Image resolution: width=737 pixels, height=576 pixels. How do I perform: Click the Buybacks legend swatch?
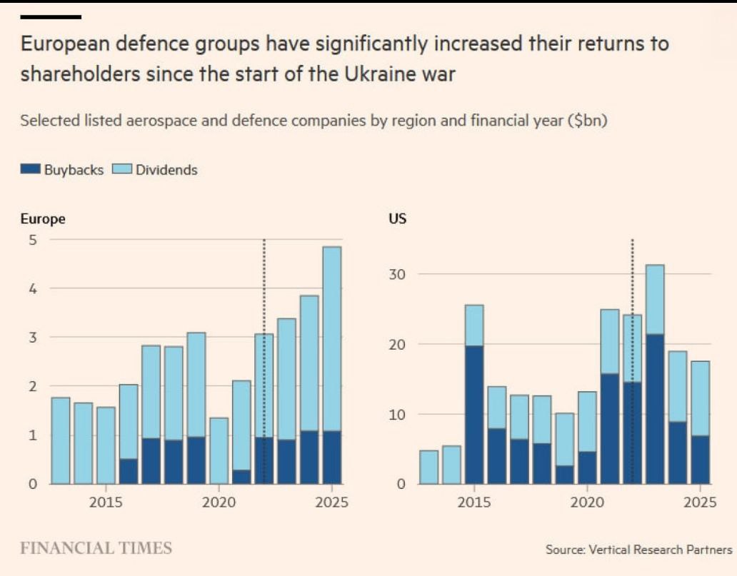coord(31,170)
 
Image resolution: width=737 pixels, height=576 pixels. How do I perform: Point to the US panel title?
coord(397,219)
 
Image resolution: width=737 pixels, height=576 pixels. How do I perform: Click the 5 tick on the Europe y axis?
coord(31,240)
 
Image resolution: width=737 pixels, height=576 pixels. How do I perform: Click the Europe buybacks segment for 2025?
coord(331,458)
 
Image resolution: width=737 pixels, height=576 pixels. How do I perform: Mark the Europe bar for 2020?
coord(219,450)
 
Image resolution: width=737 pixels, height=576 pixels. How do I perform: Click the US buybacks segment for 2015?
coord(473,415)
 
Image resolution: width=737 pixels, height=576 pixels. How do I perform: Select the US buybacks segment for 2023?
coord(655,409)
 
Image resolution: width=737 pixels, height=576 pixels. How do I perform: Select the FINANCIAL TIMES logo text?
coord(96,548)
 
